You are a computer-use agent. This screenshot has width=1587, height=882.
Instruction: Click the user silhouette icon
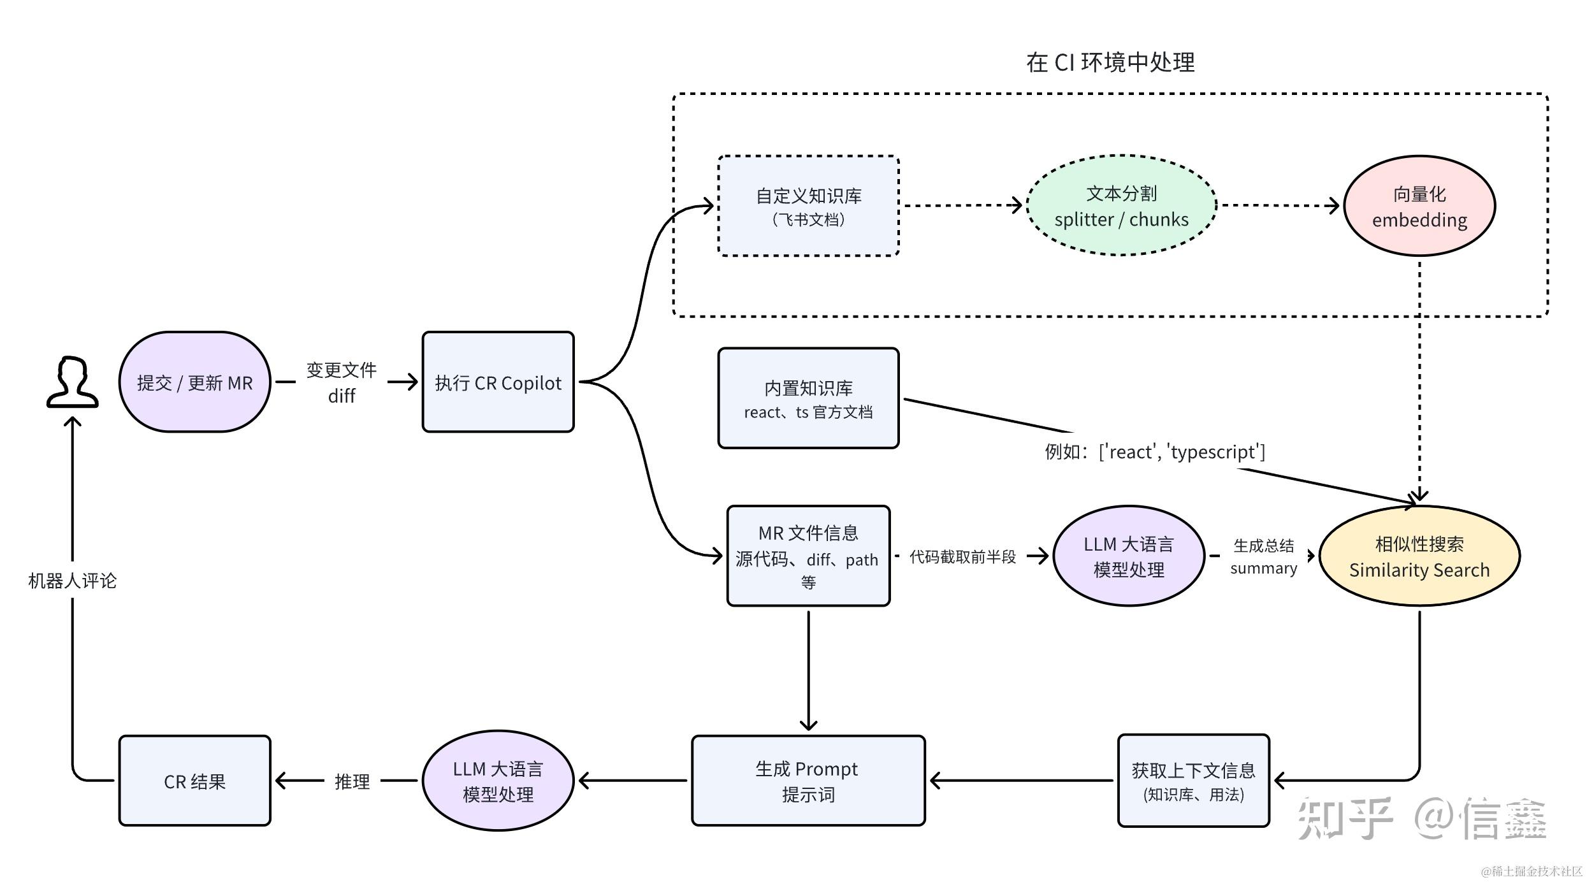click(x=72, y=382)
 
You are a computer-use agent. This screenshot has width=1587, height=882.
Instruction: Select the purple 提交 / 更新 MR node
click(x=194, y=382)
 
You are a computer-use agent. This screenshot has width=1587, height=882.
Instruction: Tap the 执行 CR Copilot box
click(x=498, y=382)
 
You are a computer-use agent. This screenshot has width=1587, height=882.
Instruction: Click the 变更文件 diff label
click(x=342, y=382)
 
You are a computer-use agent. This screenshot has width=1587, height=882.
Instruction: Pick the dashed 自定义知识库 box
click(x=808, y=206)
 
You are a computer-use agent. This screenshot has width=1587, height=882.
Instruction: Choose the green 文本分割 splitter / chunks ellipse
click(x=1121, y=206)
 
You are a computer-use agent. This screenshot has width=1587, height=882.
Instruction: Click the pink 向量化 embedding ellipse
click(x=1419, y=206)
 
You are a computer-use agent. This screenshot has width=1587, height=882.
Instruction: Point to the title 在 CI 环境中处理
click(x=1110, y=62)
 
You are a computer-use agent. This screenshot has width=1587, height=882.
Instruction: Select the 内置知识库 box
click(x=808, y=398)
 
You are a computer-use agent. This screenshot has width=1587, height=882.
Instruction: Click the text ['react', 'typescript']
click(x=1182, y=452)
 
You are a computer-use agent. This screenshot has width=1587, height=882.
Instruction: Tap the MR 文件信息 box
click(x=808, y=556)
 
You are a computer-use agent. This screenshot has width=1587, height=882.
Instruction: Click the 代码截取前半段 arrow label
click(x=962, y=557)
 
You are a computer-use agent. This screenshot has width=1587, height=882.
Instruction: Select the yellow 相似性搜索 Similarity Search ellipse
click(x=1419, y=556)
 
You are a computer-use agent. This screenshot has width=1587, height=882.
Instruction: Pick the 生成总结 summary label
click(x=1263, y=556)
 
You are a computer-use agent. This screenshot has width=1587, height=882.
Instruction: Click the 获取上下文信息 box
click(x=1193, y=781)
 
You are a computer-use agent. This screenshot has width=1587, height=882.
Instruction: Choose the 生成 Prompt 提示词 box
click(x=808, y=781)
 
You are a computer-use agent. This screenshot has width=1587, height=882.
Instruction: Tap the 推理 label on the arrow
click(x=352, y=781)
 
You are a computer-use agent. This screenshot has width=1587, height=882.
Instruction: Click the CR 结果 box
click(x=194, y=781)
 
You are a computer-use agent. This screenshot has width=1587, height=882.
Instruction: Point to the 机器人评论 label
click(x=72, y=581)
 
